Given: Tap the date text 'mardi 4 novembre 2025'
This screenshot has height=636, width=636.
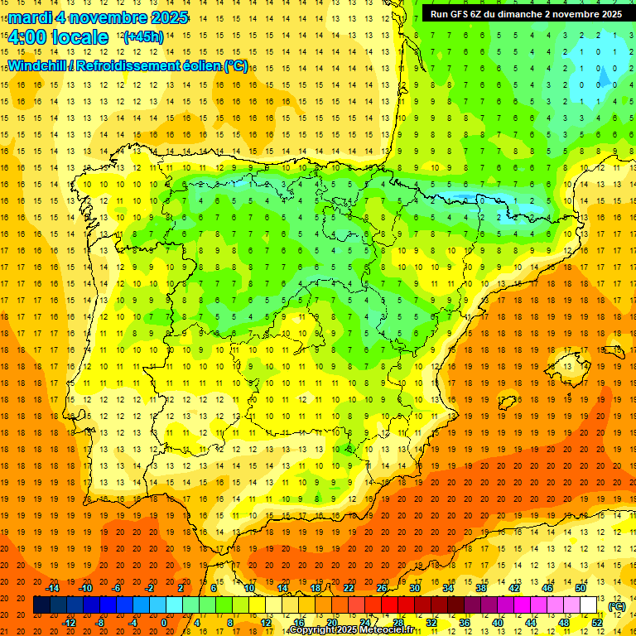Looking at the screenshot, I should tap(98, 17).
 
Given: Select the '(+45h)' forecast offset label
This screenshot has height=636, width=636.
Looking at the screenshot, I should tap(142, 37).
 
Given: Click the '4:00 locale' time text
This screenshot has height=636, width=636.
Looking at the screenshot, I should tap(58, 37).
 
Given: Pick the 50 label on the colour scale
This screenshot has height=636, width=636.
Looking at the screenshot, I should tap(580, 588).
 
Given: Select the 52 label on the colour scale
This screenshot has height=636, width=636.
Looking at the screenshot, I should tap(597, 623).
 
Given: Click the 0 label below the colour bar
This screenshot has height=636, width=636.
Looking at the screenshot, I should tap(164, 623).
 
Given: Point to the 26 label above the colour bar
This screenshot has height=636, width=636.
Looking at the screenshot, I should tap(382, 588).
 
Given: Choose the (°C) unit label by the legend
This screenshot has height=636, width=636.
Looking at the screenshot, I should tap(617, 606).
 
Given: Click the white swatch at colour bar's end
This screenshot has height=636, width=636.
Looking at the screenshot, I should tap(589, 605).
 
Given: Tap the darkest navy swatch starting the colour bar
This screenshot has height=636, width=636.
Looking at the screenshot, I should tap(41, 605).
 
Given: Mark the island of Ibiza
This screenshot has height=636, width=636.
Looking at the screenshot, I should tap(508, 402).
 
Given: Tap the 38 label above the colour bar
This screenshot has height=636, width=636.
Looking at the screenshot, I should tap(481, 588).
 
